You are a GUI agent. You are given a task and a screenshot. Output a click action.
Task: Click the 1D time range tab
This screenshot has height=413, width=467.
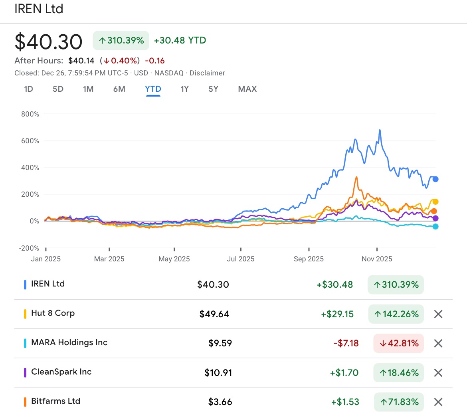(28, 89)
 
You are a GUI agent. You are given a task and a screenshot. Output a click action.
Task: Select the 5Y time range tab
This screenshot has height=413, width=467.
(214, 89)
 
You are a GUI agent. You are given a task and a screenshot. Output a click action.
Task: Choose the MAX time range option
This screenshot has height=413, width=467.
(247, 89)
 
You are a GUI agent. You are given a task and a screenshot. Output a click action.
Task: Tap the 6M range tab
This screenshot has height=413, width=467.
(119, 89)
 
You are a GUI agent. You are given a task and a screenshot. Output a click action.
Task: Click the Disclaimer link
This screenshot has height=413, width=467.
(207, 73)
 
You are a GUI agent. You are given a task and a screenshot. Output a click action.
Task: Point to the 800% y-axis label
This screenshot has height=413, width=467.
(30, 114)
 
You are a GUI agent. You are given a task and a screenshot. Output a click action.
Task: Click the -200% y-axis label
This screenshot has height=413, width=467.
(29, 248)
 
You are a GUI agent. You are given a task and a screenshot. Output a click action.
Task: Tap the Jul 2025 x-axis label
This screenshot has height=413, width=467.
(240, 259)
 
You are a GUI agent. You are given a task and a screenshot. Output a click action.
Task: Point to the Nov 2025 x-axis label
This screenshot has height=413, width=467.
(377, 259)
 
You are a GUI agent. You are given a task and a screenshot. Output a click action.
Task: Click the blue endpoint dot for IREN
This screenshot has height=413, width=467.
(435, 179)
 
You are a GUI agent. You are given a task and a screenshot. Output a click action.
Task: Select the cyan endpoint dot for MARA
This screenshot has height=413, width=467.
(435, 227)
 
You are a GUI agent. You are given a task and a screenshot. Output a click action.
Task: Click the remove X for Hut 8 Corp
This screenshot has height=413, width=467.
(438, 314)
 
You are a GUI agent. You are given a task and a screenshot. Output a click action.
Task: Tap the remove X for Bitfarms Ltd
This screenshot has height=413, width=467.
(438, 402)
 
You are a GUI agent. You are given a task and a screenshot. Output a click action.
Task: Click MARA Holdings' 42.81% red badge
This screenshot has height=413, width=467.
(398, 343)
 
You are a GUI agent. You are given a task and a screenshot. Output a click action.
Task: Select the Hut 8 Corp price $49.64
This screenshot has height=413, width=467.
(214, 314)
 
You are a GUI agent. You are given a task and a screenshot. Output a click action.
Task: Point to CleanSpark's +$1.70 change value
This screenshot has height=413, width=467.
(344, 373)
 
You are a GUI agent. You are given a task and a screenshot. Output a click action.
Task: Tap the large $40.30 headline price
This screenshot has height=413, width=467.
(48, 41)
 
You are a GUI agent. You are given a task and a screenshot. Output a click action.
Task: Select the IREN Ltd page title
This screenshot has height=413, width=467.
(39, 9)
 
